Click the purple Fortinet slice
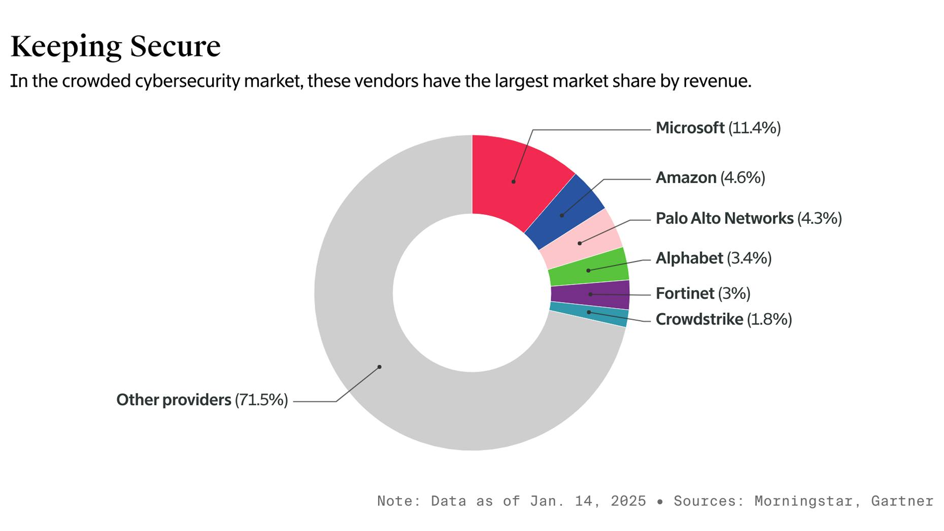pyautogui.click(x=591, y=294)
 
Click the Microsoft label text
pyautogui.click(x=690, y=128)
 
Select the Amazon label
pyautogui.click(x=686, y=178)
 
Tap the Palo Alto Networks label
pyautogui.click(x=724, y=218)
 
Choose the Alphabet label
pyautogui.click(x=689, y=258)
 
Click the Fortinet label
pyautogui.click(x=685, y=293)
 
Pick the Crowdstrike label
pyautogui.click(x=699, y=319)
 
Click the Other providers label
pyautogui.click(x=174, y=400)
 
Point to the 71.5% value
pyautogui.click(x=261, y=400)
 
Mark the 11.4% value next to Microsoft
pyautogui.click(x=755, y=128)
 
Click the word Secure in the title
pyautogui.click(x=175, y=47)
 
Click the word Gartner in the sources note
pyautogui.click(x=902, y=501)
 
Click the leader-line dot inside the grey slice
pyautogui.click(x=379, y=367)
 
